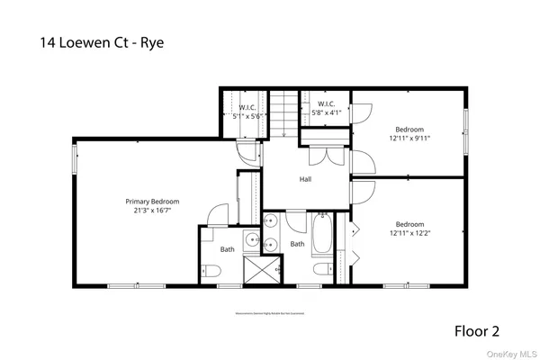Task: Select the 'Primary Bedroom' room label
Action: (152, 202)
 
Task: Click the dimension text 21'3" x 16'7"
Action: (152, 211)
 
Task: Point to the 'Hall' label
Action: (306, 179)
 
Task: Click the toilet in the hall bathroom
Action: (319, 270)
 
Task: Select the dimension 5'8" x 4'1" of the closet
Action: (324, 113)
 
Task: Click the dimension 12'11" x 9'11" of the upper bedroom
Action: (409, 138)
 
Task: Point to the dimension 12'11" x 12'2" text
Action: (410, 233)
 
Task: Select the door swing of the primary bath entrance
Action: (216, 216)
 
